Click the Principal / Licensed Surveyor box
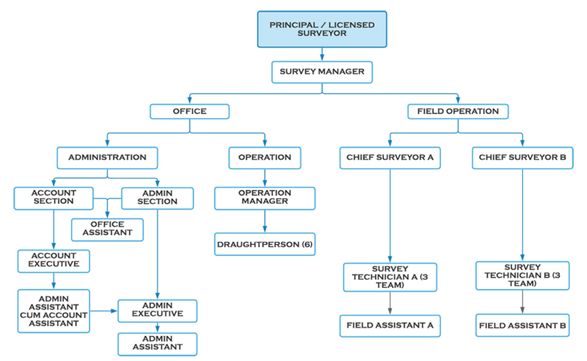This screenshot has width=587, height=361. tap(322, 30)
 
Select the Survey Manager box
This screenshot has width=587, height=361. tap(322, 73)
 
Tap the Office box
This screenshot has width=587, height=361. tap(189, 111)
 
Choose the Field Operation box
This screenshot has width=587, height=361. tap(458, 111)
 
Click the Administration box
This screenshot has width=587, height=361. tap(107, 157)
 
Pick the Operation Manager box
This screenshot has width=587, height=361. tap(264, 197)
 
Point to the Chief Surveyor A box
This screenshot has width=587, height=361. tap(391, 157)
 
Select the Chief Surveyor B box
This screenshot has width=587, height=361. tap(522, 157)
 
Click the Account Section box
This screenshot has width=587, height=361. tap(54, 197)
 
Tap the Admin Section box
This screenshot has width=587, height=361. tap(157, 197)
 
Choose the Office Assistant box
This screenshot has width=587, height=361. tap(108, 229)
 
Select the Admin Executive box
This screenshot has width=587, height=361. tap(157, 309)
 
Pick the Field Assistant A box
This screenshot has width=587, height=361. tap(391, 325)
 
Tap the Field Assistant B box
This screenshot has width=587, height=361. tap(522, 325)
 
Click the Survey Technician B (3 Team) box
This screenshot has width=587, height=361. tap(522, 276)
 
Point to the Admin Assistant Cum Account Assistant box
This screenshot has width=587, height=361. tap(54, 309)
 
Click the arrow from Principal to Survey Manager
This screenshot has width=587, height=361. tap(322, 55)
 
